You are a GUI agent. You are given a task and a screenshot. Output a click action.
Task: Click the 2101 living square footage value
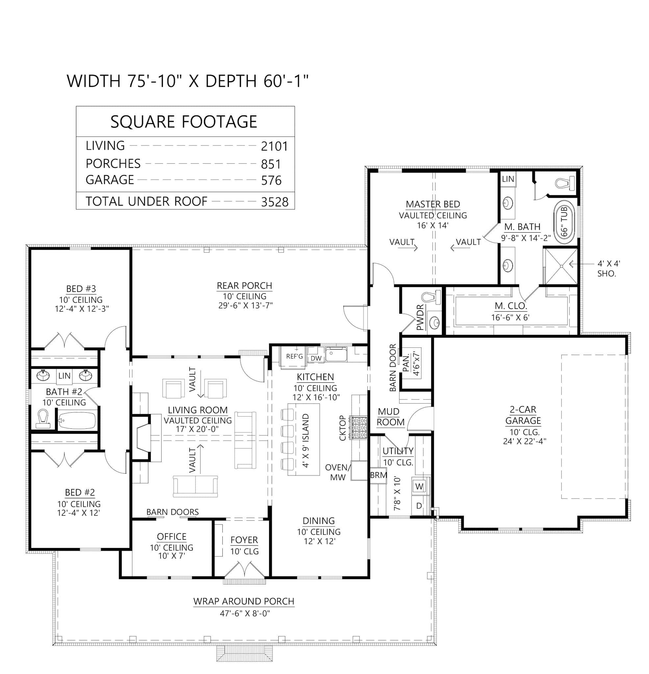(274, 146)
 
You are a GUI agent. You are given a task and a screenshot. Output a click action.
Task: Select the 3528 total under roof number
(274, 202)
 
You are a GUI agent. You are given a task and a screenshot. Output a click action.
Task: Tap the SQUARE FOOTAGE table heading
(184, 122)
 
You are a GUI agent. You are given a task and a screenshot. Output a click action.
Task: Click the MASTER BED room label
(433, 204)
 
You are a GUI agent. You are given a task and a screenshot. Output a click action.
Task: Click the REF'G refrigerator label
(294, 357)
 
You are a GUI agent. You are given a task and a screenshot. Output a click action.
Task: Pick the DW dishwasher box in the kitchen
(316, 358)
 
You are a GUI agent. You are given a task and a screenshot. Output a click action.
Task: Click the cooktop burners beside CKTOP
(359, 428)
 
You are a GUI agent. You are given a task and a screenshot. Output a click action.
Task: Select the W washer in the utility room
(419, 486)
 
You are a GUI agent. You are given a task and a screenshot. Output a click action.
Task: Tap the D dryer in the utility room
(419, 505)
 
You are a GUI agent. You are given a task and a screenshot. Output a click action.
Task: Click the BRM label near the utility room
(379, 475)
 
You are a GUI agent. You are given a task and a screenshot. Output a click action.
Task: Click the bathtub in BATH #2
(77, 420)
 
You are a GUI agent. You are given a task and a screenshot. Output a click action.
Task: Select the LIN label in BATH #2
(64, 376)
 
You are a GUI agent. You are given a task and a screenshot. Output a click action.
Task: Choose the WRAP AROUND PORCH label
(244, 601)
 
